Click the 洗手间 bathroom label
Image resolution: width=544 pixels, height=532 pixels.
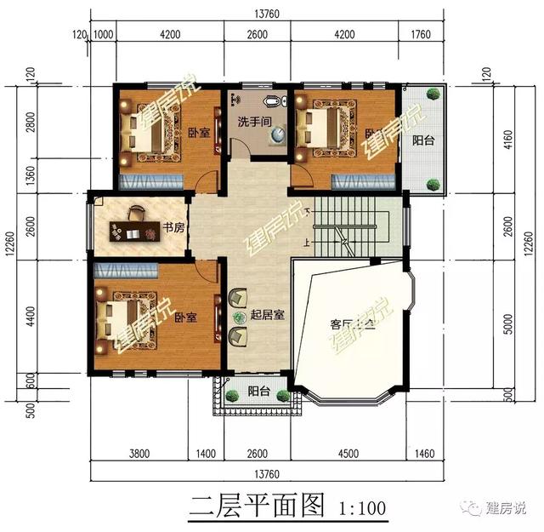254,122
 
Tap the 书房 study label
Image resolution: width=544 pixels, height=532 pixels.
173,228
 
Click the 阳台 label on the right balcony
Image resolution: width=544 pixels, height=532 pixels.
423,140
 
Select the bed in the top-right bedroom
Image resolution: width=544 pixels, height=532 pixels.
319,130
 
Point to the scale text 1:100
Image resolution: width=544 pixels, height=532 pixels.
362,509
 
